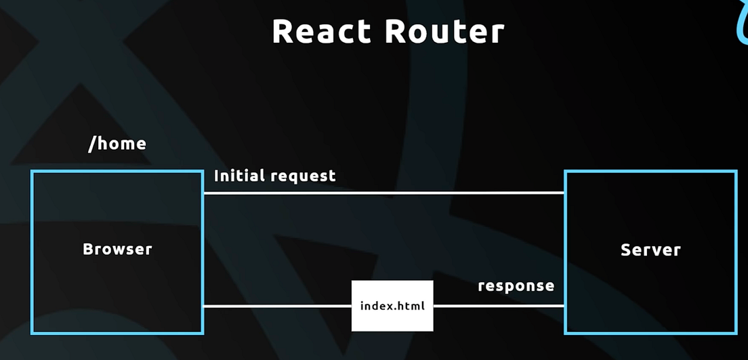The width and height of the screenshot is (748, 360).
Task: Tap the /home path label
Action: (x=117, y=144)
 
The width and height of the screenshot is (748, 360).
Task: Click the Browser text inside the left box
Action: (x=117, y=249)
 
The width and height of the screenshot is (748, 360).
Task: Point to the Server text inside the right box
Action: (x=650, y=249)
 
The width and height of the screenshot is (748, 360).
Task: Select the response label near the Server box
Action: (x=516, y=285)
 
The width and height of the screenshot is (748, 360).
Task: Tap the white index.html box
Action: (x=392, y=306)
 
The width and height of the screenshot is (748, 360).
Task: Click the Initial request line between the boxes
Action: (x=383, y=193)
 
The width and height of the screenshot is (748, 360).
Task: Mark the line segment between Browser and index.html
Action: (x=277, y=306)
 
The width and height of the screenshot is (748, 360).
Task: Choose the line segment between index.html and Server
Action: (x=499, y=306)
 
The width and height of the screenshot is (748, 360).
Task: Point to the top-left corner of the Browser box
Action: (x=32, y=172)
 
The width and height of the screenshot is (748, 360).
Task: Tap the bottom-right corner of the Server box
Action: (x=736, y=332)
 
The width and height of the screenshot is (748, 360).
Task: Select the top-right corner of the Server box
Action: (x=736, y=172)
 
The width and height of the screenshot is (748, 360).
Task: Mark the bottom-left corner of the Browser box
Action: (x=32, y=332)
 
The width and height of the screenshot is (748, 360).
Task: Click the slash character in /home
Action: (x=92, y=144)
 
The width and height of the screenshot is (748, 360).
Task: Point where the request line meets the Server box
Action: (x=565, y=193)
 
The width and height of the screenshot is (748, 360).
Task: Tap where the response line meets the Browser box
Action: (x=203, y=306)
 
